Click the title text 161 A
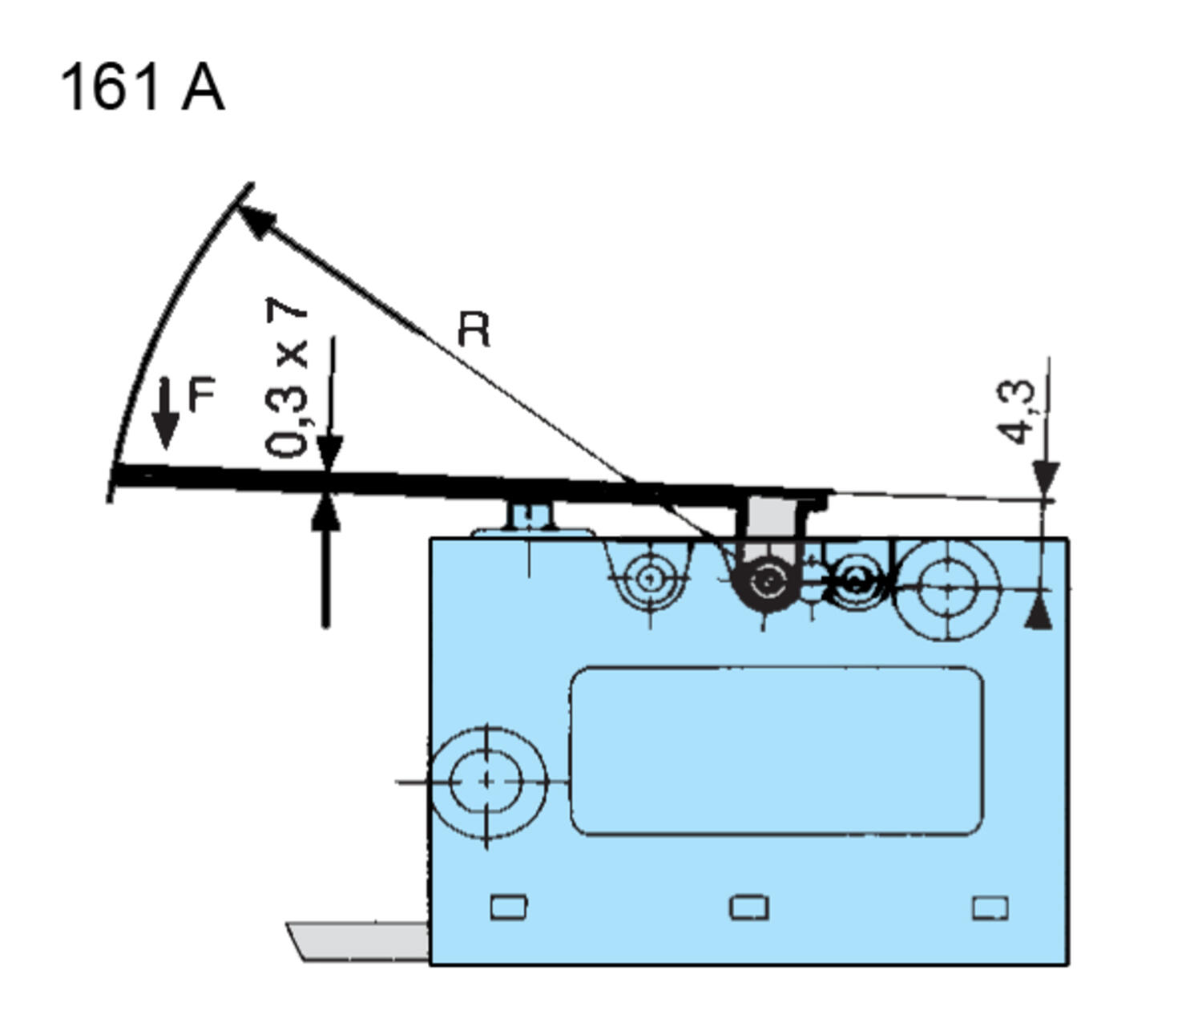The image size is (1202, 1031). pyautogui.click(x=142, y=87)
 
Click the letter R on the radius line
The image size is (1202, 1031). pyautogui.click(x=474, y=330)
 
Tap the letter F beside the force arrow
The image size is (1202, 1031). pyautogui.click(x=202, y=394)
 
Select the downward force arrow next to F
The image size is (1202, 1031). pyautogui.click(x=166, y=413)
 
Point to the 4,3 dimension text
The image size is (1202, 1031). pyautogui.click(x=1016, y=411)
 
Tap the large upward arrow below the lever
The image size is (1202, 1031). pyautogui.click(x=325, y=561)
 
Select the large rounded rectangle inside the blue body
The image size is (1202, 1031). pyautogui.click(x=776, y=751)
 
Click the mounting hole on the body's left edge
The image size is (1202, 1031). pyautogui.click(x=486, y=781)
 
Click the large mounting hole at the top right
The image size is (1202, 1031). pyautogui.click(x=947, y=588)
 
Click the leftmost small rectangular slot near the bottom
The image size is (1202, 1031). pyautogui.click(x=508, y=907)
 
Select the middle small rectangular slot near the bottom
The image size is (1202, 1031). pyautogui.click(x=749, y=908)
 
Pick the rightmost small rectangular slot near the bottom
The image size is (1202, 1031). pyautogui.click(x=990, y=908)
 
